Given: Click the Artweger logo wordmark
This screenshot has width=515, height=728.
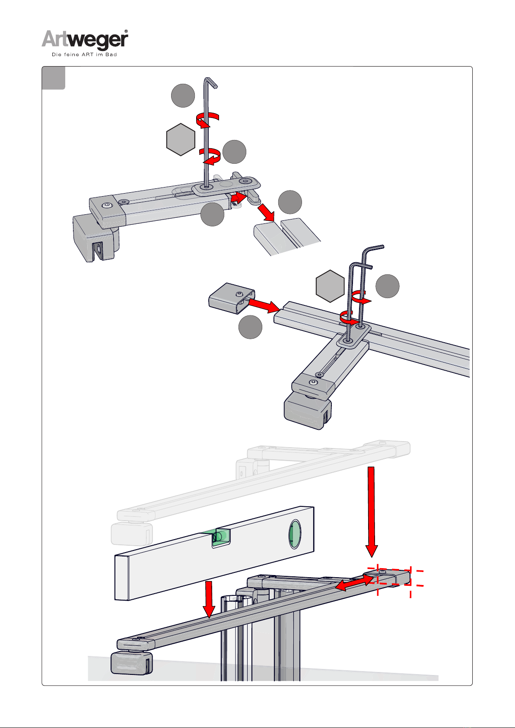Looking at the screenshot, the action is click(85, 40).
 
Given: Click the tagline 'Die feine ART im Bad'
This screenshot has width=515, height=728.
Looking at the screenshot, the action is click(85, 54).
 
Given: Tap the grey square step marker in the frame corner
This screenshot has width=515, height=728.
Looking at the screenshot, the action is click(53, 78).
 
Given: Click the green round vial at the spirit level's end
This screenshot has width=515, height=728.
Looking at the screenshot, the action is click(295, 534).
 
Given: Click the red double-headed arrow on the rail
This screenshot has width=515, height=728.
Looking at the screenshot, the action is click(354, 582).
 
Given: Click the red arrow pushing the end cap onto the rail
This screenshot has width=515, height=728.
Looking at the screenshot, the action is click(264, 305).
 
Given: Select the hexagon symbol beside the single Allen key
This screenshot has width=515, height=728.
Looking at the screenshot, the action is click(181, 140).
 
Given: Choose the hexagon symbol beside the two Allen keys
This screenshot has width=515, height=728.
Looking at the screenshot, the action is click(330, 286).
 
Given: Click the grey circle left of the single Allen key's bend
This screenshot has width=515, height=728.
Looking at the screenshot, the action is click(183, 95).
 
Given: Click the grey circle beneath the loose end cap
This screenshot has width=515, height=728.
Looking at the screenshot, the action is click(250, 327).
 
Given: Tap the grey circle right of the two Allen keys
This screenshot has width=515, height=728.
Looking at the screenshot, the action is click(387, 286).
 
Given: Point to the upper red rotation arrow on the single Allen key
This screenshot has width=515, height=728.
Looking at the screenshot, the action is click(208, 120).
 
